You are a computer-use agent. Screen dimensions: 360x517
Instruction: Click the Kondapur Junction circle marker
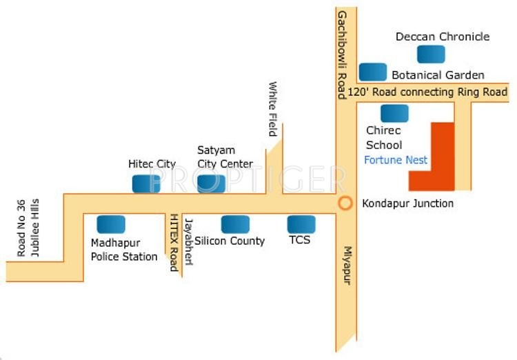click(x=345, y=203)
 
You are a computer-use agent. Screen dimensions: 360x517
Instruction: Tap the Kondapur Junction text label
click(x=407, y=203)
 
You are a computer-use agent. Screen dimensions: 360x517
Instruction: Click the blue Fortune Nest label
click(x=396, y=160)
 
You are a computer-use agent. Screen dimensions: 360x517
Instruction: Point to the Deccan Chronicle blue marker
click(x=431, y=54)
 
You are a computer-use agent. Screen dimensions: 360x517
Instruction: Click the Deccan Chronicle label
click(x=443, y=37)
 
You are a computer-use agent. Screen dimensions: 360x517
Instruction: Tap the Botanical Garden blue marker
click(x=373, y=72)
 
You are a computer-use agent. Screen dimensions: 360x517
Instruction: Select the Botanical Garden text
click(x=438, y=74)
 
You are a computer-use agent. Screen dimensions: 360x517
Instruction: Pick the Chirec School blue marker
click(x=394, y=114)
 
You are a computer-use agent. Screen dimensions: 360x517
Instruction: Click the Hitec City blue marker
click(x=146, y=183)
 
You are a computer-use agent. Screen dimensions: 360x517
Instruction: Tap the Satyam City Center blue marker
click(x=211, y=183)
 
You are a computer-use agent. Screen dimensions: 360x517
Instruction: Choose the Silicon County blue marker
click(x=235, y=224)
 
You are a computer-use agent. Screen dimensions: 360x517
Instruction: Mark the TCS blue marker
click(x=301, y=224)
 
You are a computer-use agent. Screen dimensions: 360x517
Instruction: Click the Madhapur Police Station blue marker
click(x=111, y=224)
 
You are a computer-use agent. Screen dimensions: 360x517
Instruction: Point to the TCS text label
click(x=300, y=240)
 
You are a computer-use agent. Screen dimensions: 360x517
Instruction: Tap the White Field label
click(x=273, y=109)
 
